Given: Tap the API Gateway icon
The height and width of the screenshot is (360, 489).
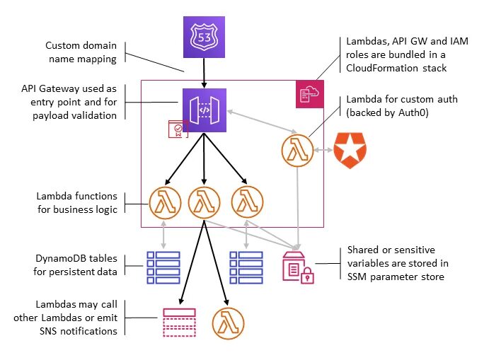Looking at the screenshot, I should (204, 110).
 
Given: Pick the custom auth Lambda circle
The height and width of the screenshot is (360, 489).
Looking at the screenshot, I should (297, 150).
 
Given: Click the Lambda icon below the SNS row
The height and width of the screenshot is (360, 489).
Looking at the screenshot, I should (228, 321).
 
